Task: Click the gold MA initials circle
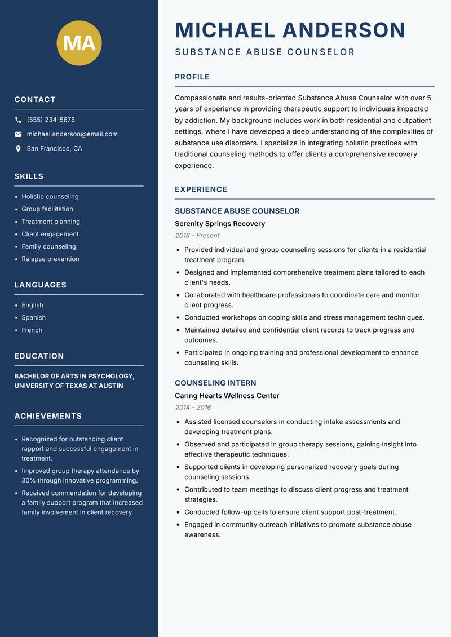click(x=79, y=43)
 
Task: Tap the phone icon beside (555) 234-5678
click(x=18, y=120)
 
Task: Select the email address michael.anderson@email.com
click(x=72, y=134)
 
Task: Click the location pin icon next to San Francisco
click(x=18, y=149)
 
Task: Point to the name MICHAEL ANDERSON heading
click(x=290, y=30)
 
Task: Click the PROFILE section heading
click(x=192, y=77)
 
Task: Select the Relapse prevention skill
click(x=50, y=259)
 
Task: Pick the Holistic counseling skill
click(x=50, y=197)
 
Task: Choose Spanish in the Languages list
click(x=33, y=318)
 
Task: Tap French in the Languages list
click(x=32, y=330)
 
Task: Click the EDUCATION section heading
click(x=39, y=356)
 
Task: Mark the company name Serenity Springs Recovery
click(x=219, y=224)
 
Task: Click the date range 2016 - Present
click(x=197, y=236)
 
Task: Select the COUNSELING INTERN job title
click(x=215, y=383)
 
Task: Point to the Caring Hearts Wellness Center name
click(x=227, y=396)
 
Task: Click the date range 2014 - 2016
click(x=193, y=408)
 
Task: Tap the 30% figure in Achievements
click(x=29, y=481)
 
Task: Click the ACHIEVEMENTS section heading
click(x=48, y=416)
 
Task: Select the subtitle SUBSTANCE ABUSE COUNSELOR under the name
click(x=265, y=52)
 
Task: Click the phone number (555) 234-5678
click(x=51, y=120)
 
